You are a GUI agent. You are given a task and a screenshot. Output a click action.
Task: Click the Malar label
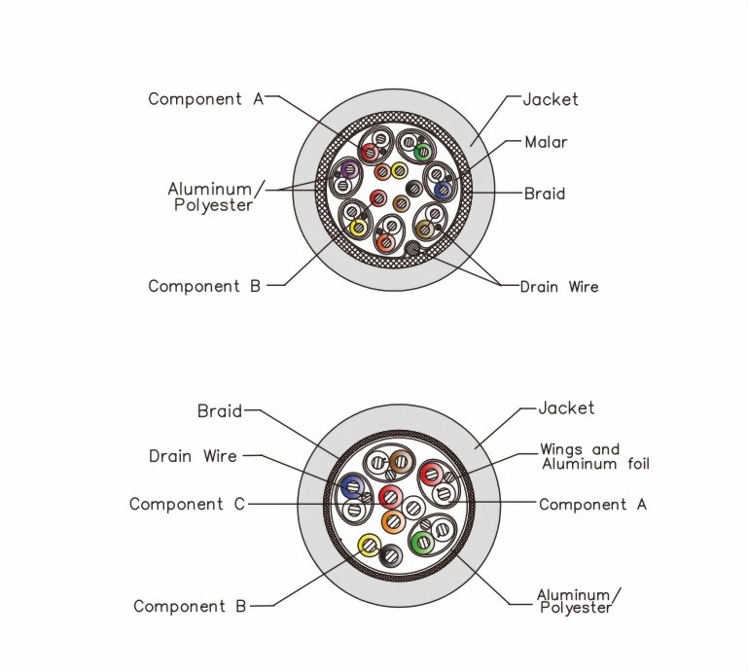click(x=545, y=142)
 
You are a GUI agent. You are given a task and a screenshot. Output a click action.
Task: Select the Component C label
click(x=188, y=504)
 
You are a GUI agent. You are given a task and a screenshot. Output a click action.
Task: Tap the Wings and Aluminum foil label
click(x=593, y=457)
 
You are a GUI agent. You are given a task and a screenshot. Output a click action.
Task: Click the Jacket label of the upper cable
click(x=550, y=99)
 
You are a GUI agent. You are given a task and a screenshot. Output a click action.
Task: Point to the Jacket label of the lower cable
click(x=566, y=407)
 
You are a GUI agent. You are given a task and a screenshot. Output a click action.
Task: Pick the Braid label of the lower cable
click(x=219, y=410)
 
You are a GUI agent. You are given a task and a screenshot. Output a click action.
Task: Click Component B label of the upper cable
click(x=204, y=286)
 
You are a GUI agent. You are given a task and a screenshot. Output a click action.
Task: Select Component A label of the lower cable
click(x=591, y=504)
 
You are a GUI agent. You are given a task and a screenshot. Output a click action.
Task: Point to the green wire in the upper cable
click(x=422, y=152)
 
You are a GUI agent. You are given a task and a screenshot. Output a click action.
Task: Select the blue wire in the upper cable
click(x=443, y=191)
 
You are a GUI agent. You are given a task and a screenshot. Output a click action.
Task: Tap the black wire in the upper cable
click(x=413, y=189)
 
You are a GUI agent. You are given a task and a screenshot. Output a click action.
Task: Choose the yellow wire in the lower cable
click(x=368, y=546)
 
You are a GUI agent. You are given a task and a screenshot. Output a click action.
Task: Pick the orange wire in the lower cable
click(x=392, y=522)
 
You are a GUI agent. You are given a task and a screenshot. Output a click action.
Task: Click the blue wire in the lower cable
click(x=350, y=486)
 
